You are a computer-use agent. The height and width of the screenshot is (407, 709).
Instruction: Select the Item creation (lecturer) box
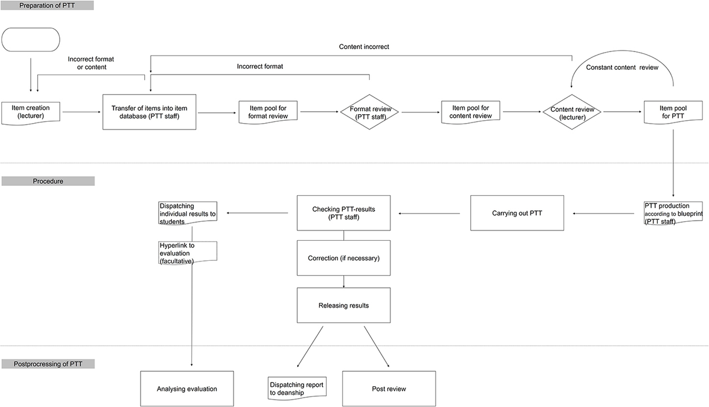[x=31, y=111]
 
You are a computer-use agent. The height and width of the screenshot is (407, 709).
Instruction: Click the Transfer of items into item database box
[x=149, y=111]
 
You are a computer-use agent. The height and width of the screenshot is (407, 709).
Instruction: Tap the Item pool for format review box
[x=268, y=111]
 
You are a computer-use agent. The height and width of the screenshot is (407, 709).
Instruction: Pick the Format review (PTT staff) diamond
[x=369, y=111]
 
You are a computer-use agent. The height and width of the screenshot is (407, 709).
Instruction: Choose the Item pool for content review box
[x=471, y=111]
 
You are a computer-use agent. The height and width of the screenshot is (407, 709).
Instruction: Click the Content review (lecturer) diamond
[x=572, y=111]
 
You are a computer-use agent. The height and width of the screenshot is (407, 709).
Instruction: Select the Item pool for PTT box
[x=673, y=111]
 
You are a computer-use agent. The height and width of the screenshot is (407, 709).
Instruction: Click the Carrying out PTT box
[x=517, y=212]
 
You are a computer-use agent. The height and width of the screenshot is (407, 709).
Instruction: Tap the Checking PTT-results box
[x=343, y=212]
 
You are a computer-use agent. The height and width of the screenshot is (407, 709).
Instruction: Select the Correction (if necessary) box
[x=343, y=258]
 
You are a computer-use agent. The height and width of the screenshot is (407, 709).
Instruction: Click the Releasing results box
[x=343, y=305]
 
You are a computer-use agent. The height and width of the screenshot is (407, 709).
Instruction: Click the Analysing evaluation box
[x=187, y=389]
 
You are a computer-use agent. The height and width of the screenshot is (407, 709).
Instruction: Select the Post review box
[x=389, y=389]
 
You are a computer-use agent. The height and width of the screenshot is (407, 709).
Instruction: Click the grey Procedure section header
[x=48, y=181]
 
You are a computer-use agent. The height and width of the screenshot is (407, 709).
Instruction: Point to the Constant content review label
[x=622, y=67]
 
